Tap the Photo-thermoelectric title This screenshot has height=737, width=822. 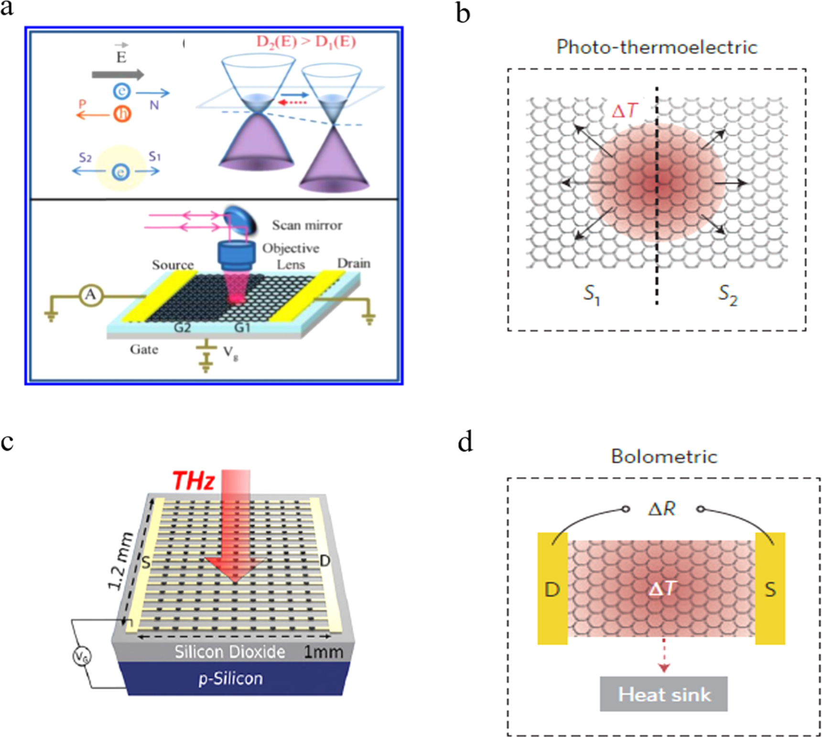click(657, 47)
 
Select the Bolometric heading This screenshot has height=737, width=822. click(664, 456)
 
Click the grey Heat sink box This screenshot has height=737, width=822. click(664, 694)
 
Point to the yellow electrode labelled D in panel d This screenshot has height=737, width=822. click(552, 589)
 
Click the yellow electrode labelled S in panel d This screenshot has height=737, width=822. click(770, 589)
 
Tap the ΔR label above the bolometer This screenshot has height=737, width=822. click(662, 509)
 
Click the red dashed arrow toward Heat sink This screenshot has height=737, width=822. click(664, 655)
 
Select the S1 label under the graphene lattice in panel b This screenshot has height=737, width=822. click(591, 294)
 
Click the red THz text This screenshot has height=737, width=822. click(193, 480)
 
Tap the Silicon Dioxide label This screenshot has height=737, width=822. click(229, 652)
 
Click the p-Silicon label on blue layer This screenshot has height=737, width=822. click(230, 679)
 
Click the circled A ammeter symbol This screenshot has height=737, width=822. click(91, 296)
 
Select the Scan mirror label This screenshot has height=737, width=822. click(307, 225)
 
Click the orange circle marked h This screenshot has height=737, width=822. click(122, 114)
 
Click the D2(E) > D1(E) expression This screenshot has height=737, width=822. click(306, 42)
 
